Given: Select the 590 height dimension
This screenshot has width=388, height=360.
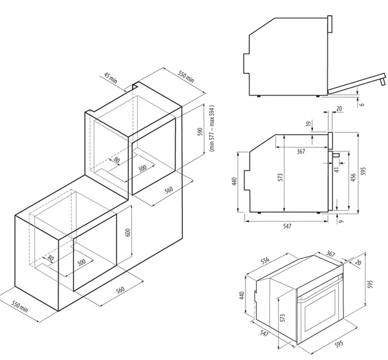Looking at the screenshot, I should pos(199,132).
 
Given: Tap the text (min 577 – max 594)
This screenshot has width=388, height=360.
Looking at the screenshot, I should pos(212,129).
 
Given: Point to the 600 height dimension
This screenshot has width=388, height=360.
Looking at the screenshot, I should pos(128,232).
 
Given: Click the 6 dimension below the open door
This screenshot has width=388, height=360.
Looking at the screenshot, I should pos(363,103).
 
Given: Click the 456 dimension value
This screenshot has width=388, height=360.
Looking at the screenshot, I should pos(353,179).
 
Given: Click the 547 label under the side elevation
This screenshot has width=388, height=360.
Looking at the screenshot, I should pos(287,226).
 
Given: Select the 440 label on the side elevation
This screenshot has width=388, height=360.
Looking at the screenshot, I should pos(234,182).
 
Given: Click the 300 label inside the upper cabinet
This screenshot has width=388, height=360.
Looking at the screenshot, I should pos(142,168).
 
